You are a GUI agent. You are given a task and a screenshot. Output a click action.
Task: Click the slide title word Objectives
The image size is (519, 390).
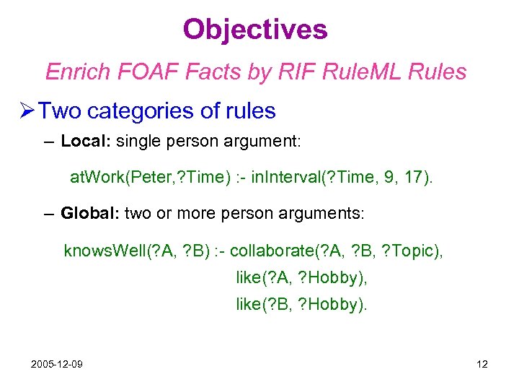(x=255, y=30)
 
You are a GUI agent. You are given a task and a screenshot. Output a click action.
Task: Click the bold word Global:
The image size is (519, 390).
(x=90, y=213)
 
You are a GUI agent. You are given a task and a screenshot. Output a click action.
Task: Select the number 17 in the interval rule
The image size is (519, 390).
(x=417, y=177)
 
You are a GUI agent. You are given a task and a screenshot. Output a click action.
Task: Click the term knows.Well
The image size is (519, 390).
(x=104, y=251)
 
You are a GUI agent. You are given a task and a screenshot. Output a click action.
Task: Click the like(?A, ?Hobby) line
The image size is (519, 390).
(x=301, y=278)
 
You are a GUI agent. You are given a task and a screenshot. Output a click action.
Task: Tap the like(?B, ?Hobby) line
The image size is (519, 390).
(x=301, y=305)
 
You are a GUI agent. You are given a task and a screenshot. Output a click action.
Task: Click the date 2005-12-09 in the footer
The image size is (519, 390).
(x=56, y=364)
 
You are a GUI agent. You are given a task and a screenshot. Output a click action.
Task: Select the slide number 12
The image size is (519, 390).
(x=482, y=364)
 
